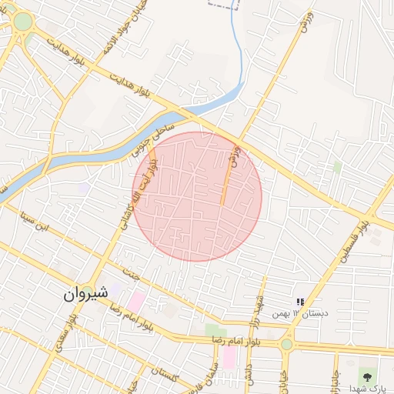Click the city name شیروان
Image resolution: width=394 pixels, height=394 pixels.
(x=82, y=294)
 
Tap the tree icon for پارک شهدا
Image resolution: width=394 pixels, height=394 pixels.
(x=367, y=377)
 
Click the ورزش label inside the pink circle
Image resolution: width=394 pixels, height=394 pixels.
(x=236, y=157)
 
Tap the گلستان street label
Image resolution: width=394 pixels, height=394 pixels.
(x=163, y=375)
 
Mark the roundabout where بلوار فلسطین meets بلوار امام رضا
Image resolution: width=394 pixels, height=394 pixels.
(x=287, y=343)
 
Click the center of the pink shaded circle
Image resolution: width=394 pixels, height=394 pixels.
(x=198, y=196)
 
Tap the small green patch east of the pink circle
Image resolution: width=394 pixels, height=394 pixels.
(x=337, y=166)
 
